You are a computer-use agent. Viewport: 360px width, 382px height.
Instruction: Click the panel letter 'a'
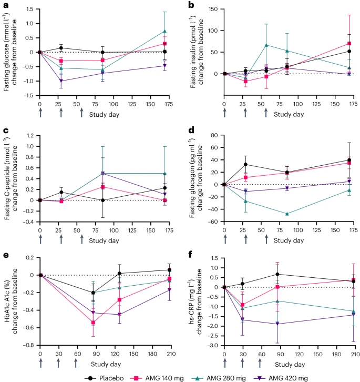(5, 5)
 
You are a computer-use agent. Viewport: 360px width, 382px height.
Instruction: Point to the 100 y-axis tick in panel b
(213, 31)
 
